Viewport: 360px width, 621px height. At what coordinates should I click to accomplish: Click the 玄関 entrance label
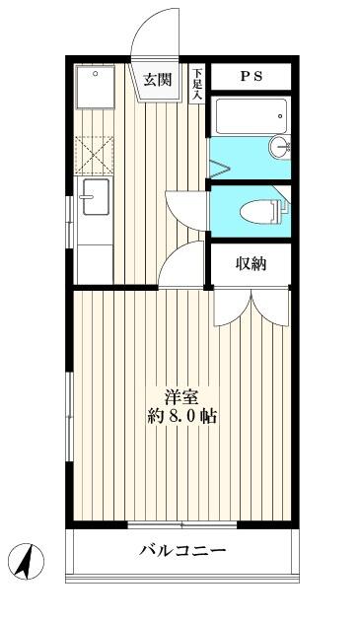(x=158, y=81)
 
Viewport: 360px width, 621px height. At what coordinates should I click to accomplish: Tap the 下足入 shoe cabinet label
(x=197, y=83)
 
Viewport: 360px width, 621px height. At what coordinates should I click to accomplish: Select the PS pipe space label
(x=252, y=76)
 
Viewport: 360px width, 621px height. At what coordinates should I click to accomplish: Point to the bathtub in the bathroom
(x=252, y=116)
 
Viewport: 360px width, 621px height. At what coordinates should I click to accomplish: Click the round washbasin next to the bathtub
(x=280, y=147)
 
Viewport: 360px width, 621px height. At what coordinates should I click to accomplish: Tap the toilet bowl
(x=260, y=212)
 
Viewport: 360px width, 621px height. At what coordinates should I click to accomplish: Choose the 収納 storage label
(x=251, y=264)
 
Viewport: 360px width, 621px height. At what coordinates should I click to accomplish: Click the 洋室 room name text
(x=181, y=397)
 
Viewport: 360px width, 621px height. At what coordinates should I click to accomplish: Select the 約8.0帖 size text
(x=182, y=417)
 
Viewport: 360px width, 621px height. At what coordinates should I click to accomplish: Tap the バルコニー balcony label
(x=182, y=550)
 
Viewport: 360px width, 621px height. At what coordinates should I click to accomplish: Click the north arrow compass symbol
(x=27, y=561)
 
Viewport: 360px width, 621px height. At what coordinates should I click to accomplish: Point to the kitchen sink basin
(x=96, y=197)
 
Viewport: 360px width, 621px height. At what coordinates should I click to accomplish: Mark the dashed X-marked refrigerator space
(x=94, y=156)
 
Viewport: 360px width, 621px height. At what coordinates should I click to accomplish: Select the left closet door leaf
(x=233, y=308)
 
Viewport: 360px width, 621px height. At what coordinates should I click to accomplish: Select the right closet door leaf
(x=270, y=308)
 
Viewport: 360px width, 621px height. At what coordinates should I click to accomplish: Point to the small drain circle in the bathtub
(x=280, y=116)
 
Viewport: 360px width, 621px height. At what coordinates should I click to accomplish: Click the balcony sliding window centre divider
(x=182, y=525)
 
